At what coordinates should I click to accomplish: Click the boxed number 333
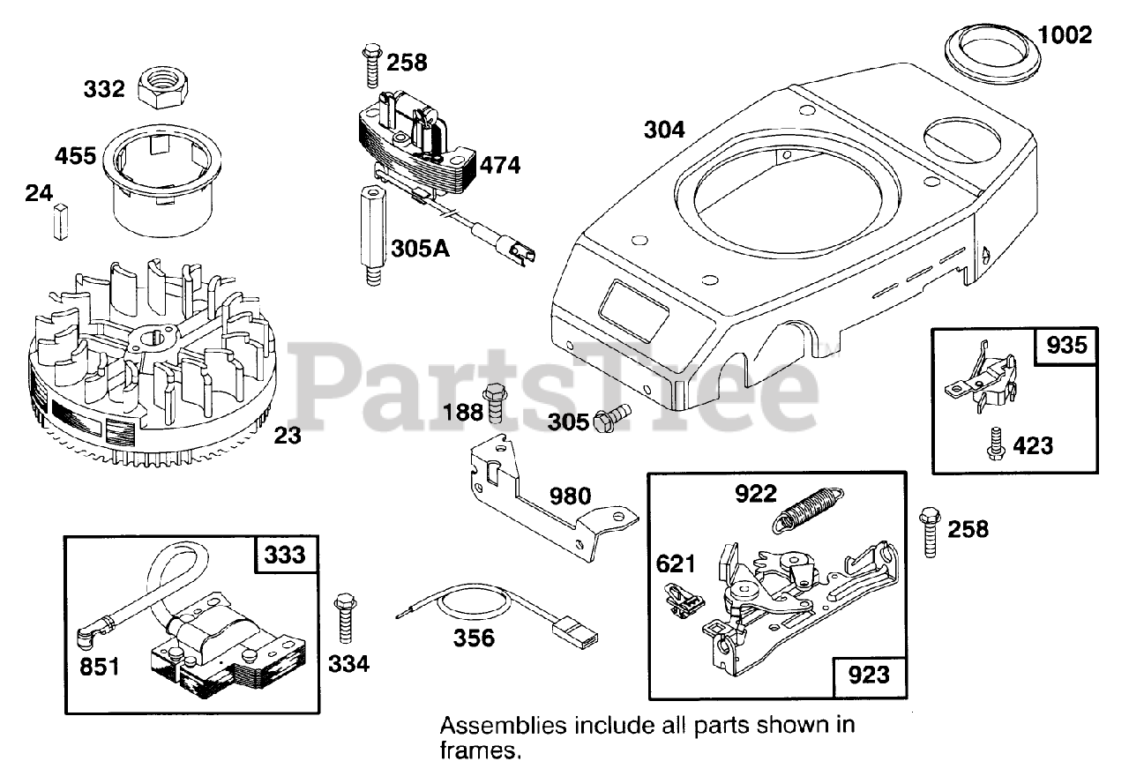coord(285,554)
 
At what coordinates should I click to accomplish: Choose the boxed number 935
coord(1067,346)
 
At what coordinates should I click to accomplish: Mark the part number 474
coord(500,165)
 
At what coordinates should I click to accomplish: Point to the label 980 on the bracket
coord(572,495)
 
